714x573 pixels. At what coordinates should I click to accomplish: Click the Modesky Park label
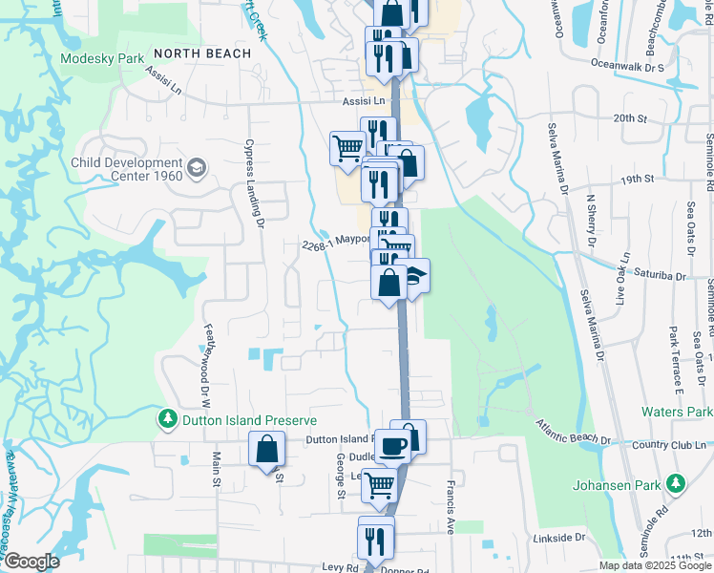coord(101,58)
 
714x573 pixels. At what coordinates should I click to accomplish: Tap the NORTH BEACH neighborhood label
coord(201,53)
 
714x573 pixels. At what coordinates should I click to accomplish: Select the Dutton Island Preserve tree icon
coord(168,419)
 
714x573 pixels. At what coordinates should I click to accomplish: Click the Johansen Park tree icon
coord(677,484)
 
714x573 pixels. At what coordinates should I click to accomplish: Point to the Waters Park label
coord(676,412)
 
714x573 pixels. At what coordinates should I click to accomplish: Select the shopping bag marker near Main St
coord(267,450)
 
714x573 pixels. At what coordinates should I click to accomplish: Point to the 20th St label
coord(630,117)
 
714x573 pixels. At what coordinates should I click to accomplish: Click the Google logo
coord(31,562)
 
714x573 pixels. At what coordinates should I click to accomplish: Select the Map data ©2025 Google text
coord(654,565)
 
